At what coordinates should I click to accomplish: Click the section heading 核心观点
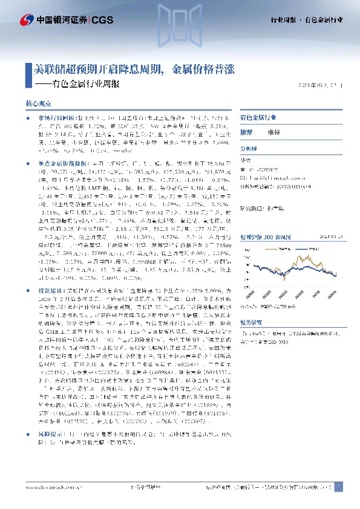36,103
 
